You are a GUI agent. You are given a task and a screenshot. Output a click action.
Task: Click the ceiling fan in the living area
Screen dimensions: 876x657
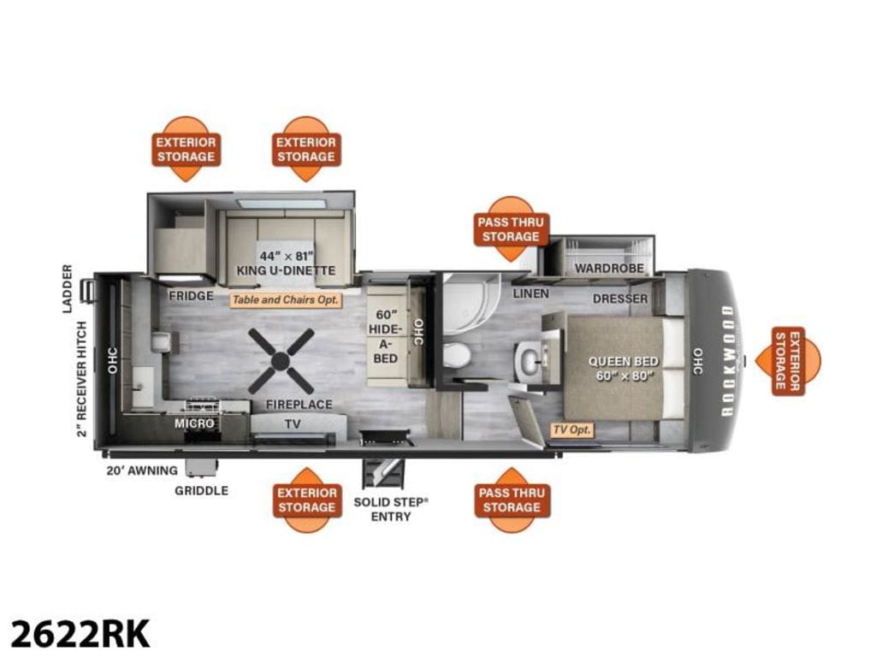[281, 361]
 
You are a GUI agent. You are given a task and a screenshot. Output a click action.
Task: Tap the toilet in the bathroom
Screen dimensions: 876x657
[457, 355]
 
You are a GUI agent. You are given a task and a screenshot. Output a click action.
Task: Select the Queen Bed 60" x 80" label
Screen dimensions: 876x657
[624, 369]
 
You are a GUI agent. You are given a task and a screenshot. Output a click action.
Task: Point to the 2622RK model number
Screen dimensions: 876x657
[80, 634]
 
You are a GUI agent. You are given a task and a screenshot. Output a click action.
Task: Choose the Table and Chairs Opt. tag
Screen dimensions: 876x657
[286, 300]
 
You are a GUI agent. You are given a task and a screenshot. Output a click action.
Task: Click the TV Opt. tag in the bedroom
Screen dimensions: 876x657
[571, 430]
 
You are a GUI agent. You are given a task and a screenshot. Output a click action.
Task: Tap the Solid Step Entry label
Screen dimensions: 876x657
[391, 509]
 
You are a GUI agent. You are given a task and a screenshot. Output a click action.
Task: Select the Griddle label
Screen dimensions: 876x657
[202, 490]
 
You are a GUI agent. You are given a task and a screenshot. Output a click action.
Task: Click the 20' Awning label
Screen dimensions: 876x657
[142, 471]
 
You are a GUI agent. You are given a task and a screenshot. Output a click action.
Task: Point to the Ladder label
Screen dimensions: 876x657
[68, 288]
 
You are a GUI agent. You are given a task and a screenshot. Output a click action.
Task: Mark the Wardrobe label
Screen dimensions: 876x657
[609, 268]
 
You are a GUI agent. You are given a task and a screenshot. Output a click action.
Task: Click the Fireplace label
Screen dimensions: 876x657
[299, 404]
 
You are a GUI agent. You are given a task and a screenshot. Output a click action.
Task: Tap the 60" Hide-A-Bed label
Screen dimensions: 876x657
[385, 336]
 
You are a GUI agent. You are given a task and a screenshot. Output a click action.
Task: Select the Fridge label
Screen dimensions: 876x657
[191, 295]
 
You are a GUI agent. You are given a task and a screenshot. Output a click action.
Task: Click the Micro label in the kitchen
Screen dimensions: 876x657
[194, 423]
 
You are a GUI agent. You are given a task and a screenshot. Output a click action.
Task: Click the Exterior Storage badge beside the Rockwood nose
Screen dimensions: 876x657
[788, 362]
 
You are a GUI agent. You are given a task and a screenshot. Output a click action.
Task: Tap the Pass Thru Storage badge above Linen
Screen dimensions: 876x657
[510, 229]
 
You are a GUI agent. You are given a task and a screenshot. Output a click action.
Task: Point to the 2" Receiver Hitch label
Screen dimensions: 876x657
[82, 379]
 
